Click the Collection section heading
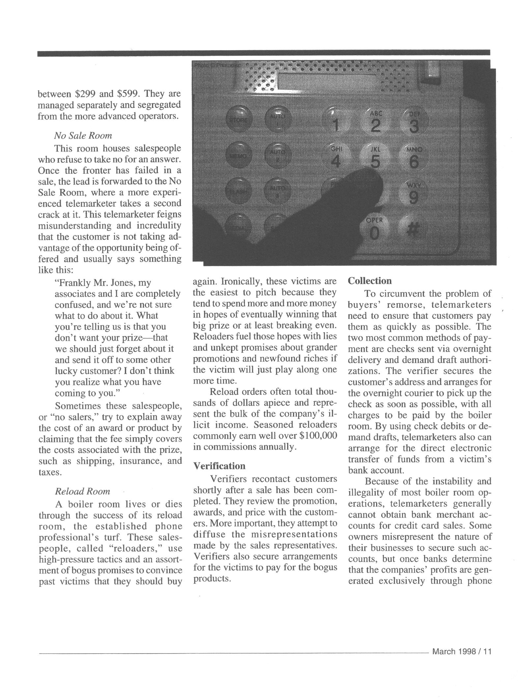[370, 281]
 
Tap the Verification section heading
[219, 466]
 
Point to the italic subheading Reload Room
[82, 491]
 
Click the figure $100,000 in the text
[319, 436]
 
